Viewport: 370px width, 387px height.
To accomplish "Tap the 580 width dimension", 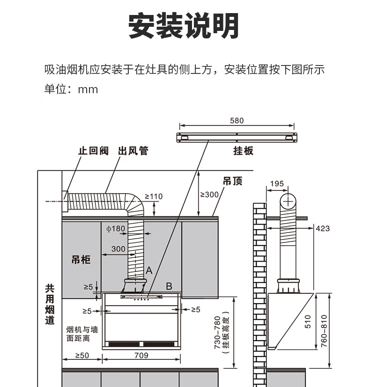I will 237,121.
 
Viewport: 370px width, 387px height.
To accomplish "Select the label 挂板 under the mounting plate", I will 243,151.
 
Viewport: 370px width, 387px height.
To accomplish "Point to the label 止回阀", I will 93,151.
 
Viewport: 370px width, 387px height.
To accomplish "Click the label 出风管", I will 133,151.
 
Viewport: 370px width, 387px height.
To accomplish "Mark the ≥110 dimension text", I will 153,197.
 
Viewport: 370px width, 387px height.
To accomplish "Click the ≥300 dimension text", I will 209,194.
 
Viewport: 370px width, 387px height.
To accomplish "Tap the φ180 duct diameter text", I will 116,229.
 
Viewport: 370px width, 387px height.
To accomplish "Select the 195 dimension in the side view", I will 277,184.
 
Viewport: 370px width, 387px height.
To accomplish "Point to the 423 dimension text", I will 323,228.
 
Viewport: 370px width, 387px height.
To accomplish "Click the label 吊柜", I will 81,260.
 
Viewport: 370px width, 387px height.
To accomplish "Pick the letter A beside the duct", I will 149,270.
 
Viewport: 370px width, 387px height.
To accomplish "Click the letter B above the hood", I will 169,286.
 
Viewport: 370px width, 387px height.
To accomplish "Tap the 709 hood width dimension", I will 141,355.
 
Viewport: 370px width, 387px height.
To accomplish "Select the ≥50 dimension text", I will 82,355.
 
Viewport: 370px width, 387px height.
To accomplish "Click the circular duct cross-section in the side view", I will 289,201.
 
